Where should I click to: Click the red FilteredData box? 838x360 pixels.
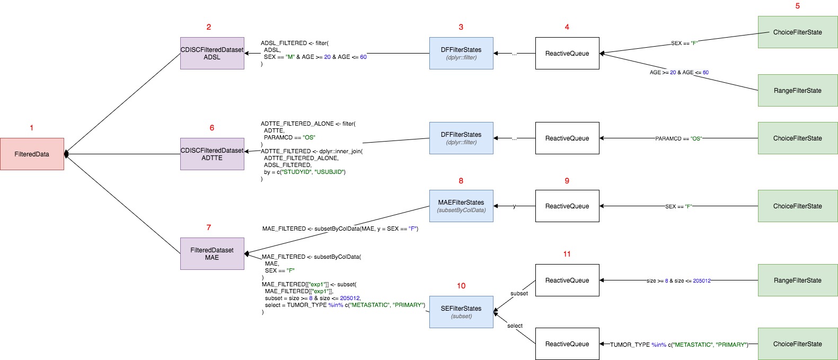[x=32, y=154]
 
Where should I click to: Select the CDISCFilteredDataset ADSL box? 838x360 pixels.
[x=212, y=53]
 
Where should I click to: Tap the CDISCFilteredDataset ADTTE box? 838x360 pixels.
[x=212, y=154]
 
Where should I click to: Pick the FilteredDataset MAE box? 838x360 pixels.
[x=212, y=254]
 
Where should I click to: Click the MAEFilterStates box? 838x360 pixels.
[x=461, y=206]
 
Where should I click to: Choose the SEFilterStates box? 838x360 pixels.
[x=461, y=312]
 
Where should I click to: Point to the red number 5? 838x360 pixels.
[x=797, y=6]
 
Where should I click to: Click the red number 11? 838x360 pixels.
[x=567, y=254]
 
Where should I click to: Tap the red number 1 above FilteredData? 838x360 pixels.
[x=32, y=128]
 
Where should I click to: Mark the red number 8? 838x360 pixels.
[x=461, y=181]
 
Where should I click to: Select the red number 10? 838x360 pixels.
[x=461, y=286]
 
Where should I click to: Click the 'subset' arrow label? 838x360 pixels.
[x=519, y=293]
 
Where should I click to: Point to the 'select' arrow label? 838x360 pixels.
[x=515, y=326]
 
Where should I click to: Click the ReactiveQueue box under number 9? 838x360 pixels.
[x=567, y=206]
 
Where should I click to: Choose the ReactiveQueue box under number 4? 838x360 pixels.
[x=567, y=53]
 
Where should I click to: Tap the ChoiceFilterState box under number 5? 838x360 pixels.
[x=797, y=32]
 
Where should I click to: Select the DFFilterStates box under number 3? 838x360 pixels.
[x=461, y=53]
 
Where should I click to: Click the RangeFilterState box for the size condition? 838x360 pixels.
[x=797, y=280]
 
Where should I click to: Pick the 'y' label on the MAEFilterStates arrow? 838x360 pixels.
[x=514, y=206]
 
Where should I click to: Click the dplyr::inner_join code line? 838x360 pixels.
[x=312, y=151]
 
